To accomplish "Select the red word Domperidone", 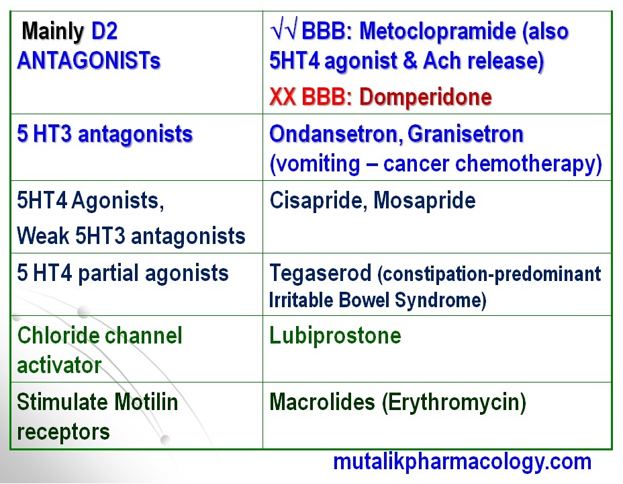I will [x=426, y=97].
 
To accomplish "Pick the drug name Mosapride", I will [x=424, y=200].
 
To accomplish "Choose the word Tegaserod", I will [x=320, y=273].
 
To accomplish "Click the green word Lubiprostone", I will [x=335, y=335].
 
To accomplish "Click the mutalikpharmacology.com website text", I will [x=463, y=462].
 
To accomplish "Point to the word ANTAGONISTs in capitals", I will [x=89, y=61].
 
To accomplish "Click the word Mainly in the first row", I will [x=54, y=31].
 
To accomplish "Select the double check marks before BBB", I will [x=283, y=31].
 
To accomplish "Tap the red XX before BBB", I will [x=283, y=97].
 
